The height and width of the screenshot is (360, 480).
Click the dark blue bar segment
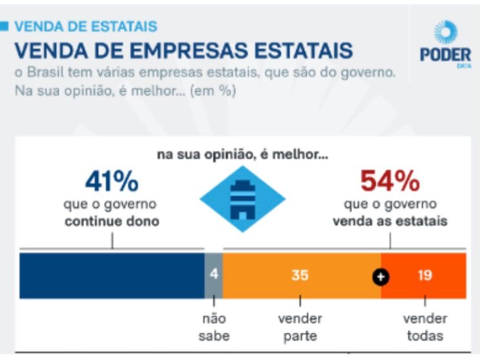[x=111, y=275]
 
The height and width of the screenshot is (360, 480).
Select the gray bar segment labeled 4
[x=213, y=275]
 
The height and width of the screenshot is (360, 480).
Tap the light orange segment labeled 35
[x=299, y=275]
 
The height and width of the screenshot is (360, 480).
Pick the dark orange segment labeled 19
[x=424, y=275]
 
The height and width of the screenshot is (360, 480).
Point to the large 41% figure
[x=112, y=182]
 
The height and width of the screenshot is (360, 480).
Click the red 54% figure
[x=390, y=182]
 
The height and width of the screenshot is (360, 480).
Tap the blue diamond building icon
[x=242, y=198]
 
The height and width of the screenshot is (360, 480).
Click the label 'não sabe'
[x=213, y=327]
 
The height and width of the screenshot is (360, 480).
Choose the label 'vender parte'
[x=300, y=327]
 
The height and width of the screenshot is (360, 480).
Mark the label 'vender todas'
[x=424, y=327]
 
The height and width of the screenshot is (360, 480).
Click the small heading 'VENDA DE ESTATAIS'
[x=85, y=26]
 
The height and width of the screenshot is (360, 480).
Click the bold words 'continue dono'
[x=111, y=221]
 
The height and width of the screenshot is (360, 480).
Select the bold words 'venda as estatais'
[x=390, y=221]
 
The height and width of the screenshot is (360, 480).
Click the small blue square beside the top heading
[x=5, y=26]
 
